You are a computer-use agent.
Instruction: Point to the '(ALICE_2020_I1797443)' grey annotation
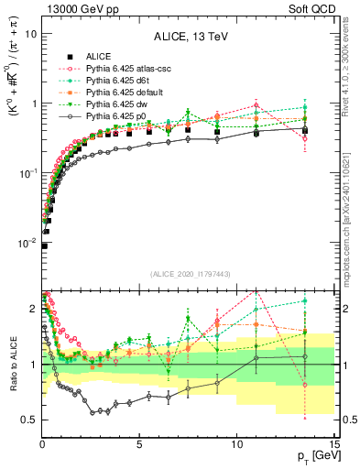190,275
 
